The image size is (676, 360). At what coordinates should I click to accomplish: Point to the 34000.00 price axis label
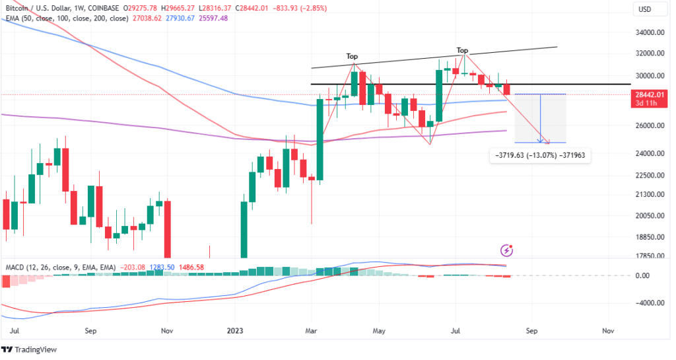649,32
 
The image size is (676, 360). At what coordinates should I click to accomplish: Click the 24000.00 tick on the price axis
649,153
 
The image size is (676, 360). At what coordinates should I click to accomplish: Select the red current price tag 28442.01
649,94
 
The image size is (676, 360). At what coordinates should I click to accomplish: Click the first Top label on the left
353,57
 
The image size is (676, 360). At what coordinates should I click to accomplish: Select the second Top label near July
463,50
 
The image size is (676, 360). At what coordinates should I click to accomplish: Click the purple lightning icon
506,250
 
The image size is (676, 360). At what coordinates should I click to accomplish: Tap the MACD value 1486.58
188,268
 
